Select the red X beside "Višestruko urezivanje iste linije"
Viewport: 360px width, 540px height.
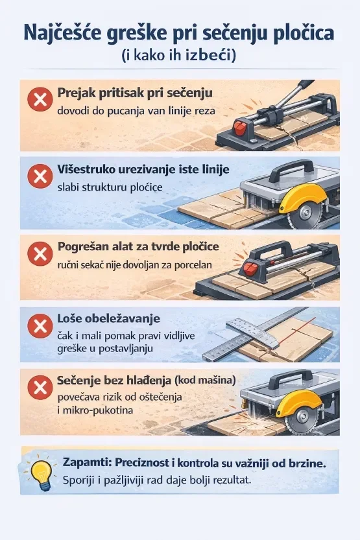coord(40,176)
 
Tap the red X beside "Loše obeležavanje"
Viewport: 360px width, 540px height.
coord(40,325)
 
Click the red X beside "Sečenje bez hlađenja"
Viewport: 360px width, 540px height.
coord(40,387)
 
